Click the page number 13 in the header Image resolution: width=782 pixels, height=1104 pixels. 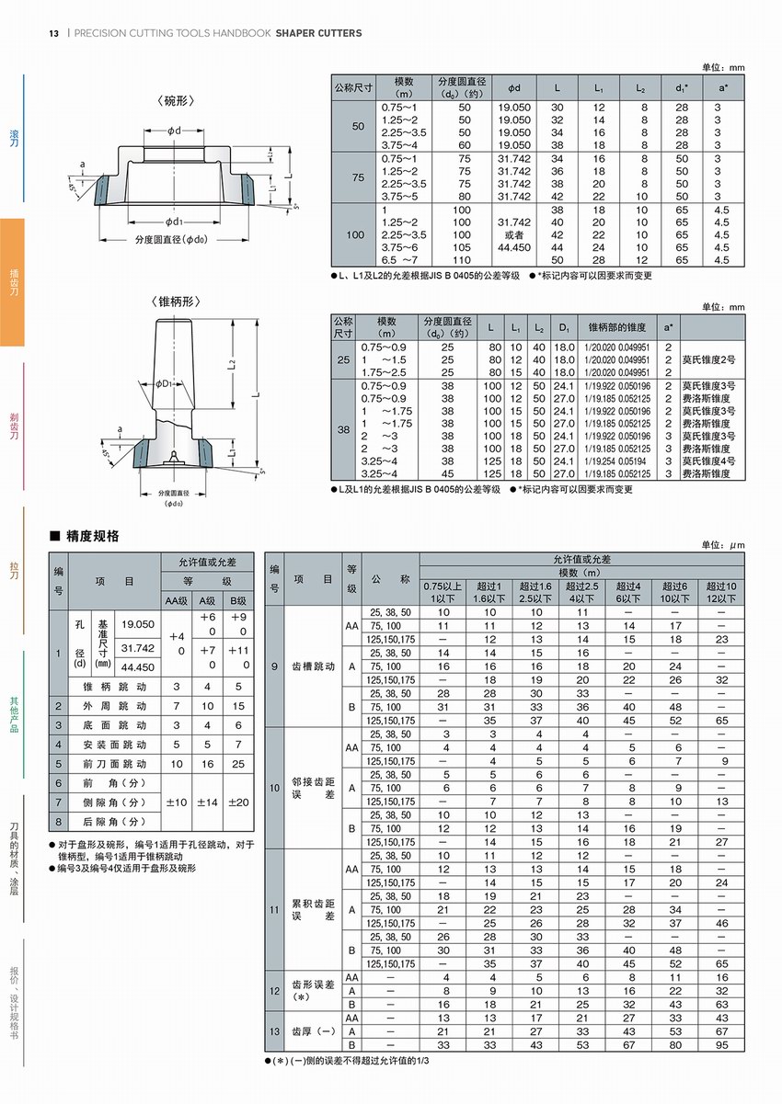(x=54, y=33)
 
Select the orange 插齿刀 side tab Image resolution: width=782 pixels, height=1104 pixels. (x=13, y=282)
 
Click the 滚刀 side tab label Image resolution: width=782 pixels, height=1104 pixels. (x=13, y=138)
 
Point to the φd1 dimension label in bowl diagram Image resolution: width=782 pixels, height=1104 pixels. (x=174, y=222)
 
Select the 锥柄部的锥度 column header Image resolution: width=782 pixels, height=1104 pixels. (x=617, y=327)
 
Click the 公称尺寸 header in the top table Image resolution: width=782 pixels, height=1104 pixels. (x=353, y=88)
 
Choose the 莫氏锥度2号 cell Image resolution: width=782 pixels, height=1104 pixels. (x=707, y=359)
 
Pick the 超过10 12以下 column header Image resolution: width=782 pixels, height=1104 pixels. (x=720, y=592)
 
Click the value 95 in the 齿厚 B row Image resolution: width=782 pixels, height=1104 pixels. (x=720, y=1045)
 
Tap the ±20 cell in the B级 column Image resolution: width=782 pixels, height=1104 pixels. (x=238, y=802)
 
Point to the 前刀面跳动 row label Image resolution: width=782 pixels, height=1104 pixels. (x=115, y=764)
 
